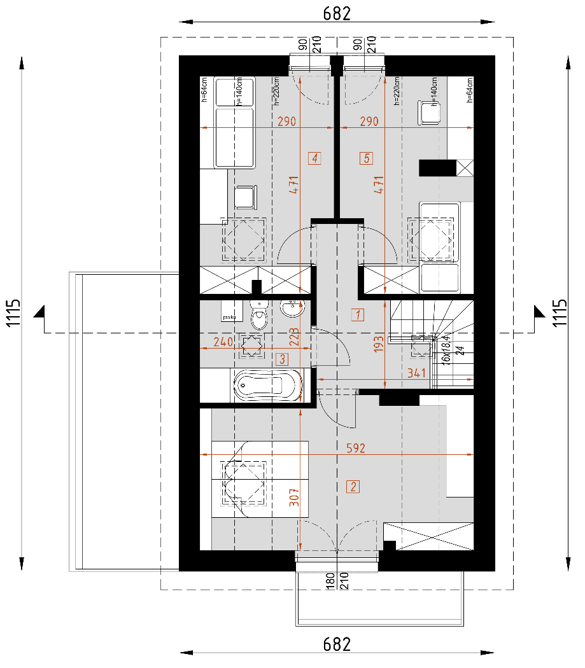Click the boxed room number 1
(x=358, y=314)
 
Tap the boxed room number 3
(x=282, y=359)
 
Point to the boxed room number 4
(x=314, y=158)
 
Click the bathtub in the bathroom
(x=267, y=385)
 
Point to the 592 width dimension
(x=355, y=449)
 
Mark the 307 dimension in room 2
(x=293, y=496)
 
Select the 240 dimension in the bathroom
(x=223, y=342)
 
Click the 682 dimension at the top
(x=337, y=13)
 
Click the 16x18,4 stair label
(x=446, y=347)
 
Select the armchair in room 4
(x=246, y=197)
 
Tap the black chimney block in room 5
(x=437, y=167)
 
